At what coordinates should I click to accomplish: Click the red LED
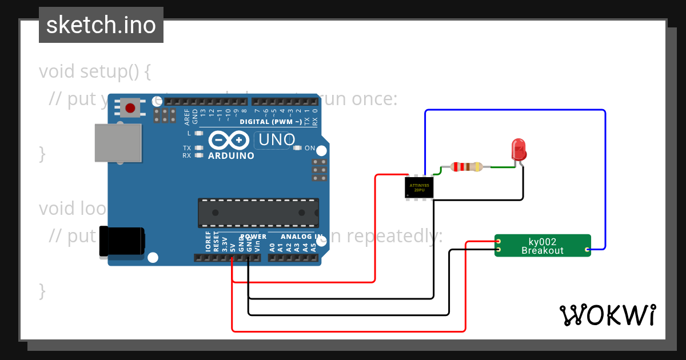coord(519,150)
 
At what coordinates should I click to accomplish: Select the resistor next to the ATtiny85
coord(466,167)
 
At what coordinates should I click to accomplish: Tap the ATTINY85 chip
coord(419,187)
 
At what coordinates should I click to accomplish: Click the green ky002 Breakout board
coord(542,246)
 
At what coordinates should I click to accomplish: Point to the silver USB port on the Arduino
coord(118,142)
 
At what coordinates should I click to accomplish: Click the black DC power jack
coord(121,241)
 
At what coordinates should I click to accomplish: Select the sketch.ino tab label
coord(101,25)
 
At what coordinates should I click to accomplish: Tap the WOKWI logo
coord(607,315)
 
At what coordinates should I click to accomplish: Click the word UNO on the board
coord(277,139)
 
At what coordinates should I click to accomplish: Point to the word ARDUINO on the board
coord(231,155)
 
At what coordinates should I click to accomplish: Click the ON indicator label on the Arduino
coord(309,148)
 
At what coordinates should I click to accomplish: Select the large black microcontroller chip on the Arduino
coord(258,213)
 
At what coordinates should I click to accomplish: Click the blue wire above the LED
coord(514,110)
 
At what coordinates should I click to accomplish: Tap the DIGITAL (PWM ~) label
coord(271,122)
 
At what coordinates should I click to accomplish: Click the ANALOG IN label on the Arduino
coord(302,237)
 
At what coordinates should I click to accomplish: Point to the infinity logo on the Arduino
coord(229,140)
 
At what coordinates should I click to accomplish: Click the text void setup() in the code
coord(95,72)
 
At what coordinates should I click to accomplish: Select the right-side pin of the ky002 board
coord(587,250)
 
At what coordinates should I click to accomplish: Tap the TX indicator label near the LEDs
coord(187,147)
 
